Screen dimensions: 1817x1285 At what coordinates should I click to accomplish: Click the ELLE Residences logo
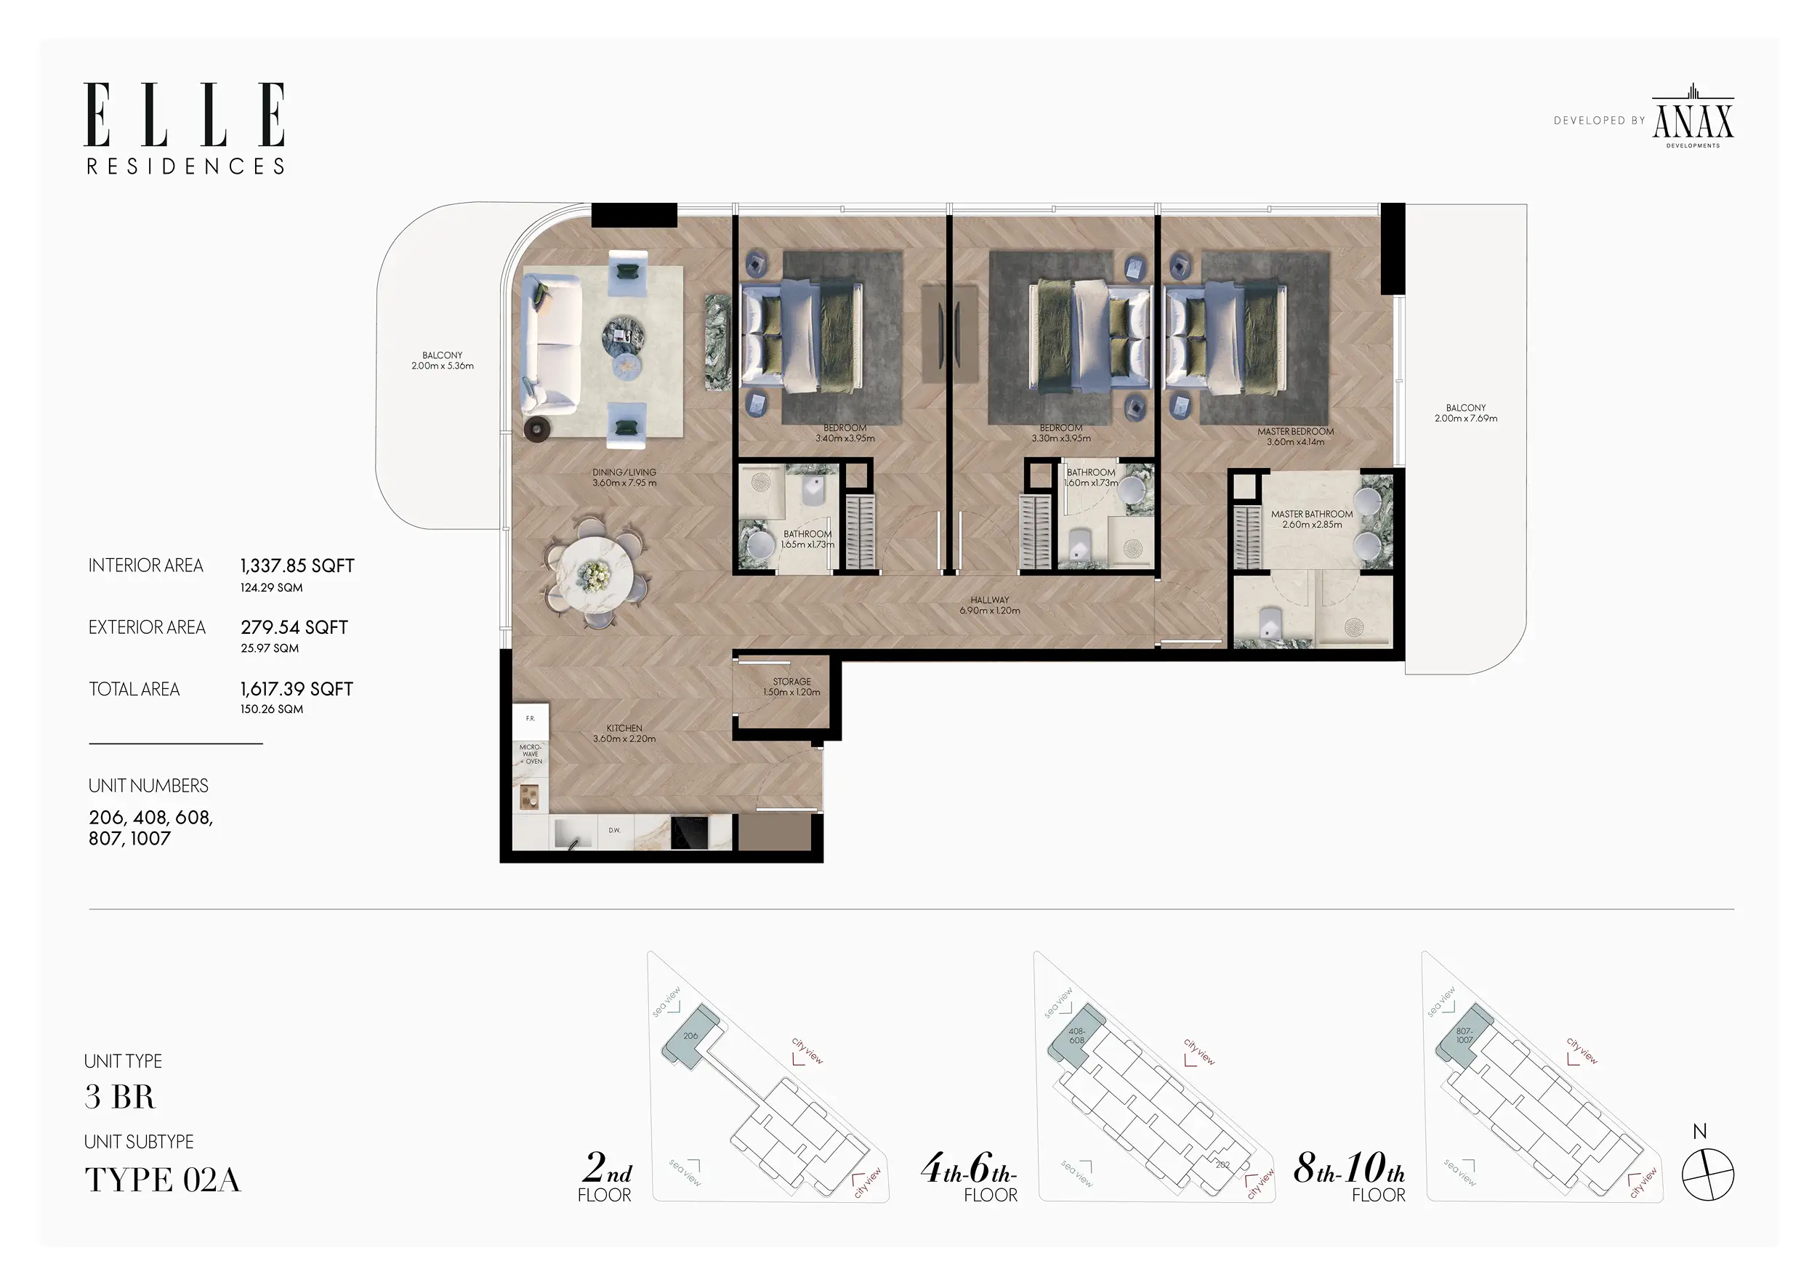[x=185, y=128]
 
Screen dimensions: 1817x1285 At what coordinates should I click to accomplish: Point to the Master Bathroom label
[x=1311, y=519]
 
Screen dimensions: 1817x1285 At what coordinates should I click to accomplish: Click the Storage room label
[x=791, y=686]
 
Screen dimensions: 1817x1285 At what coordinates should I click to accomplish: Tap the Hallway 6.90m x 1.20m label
[x=989, y=605]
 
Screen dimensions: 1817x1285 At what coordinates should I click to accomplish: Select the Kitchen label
[x=624, y=733]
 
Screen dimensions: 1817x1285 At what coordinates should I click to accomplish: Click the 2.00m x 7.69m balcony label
[x=1466, y=413]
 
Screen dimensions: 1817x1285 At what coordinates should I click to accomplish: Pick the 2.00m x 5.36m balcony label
[x=443, y=360]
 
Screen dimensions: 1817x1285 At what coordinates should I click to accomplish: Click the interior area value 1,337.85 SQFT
[x=297, y=565]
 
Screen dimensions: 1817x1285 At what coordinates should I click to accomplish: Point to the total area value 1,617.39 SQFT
[x=297, y=689]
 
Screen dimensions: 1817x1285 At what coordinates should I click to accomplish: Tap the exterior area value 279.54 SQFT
[x=294, y=627]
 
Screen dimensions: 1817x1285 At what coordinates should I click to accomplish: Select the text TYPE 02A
[x=162, y=1180]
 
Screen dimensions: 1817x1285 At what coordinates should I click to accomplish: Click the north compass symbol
[x=1707, y=1175]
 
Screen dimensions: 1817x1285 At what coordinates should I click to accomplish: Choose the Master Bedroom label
[x=1295, y=437]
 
